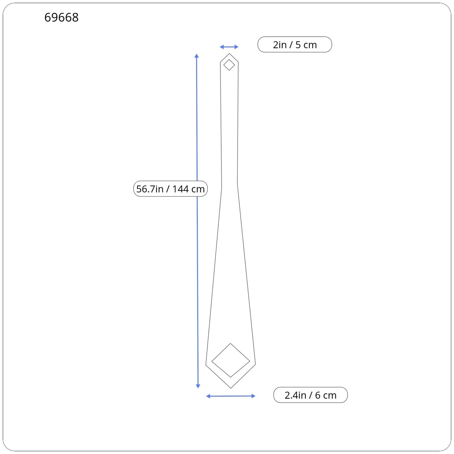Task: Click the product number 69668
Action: pos(61,17)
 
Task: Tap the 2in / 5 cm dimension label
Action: pos(295,45)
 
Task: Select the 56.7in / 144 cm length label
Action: pos(171,189)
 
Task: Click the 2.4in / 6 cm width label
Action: pos(310,395)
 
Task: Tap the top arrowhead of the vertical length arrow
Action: pos(197,56)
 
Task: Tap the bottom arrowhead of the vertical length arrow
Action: pos(198,386)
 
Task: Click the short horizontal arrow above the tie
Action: pos(229,47)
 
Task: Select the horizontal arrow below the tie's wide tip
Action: pos(231,396)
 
